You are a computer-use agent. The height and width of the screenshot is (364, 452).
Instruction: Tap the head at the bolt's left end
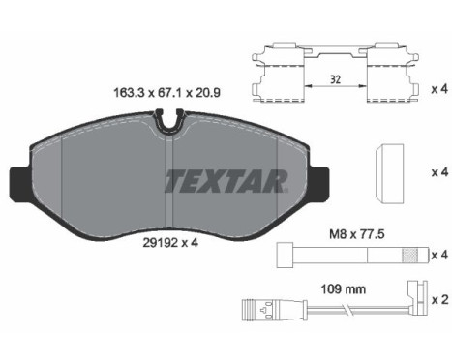pos(286,255)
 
